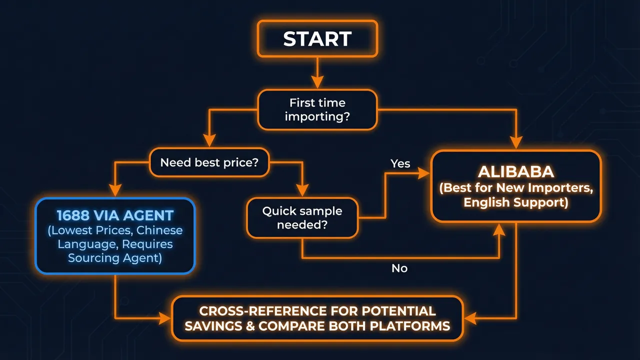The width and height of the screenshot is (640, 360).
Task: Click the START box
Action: pyautogui.click(x=317, y=38)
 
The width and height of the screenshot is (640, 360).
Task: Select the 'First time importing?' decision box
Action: pyautogui.click(x=317, y=109)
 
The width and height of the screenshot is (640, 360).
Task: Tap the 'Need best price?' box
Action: pyautogui.click(x=209, y=162)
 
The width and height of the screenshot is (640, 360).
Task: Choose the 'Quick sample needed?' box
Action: pyautogui.click(x=302, y=217)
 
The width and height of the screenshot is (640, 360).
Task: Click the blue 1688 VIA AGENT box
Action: pyautogui.click(x=114, y=236)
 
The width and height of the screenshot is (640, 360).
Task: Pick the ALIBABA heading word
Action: pyautogui.click(x=516, y=171)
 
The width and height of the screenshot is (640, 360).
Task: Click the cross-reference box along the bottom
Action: pyautogui.click(x=317, y=318)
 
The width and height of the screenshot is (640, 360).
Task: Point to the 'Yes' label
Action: pyautogui.click(x=400, y=163)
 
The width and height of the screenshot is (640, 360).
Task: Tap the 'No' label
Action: pyautogui.click(x=399, y=268)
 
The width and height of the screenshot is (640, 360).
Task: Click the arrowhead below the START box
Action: pyautogui.click(x=317, y=82)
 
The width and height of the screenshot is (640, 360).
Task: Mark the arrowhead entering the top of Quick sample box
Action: pyautogui.click(x=302, y=190)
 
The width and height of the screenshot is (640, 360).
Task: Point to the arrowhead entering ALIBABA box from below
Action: pyautogui.click(x=499, y=229)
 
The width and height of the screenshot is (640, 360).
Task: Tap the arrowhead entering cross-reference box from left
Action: pyautogui.click(x=165, y=318)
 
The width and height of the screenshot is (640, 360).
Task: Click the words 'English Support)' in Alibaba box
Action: pyautogui.click(x=515, y=202)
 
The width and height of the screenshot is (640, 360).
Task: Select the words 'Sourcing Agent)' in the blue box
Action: pyautogui.click(x=114, y=258)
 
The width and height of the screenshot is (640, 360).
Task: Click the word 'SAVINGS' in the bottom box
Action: pyautogui.click(x=214, y=326)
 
